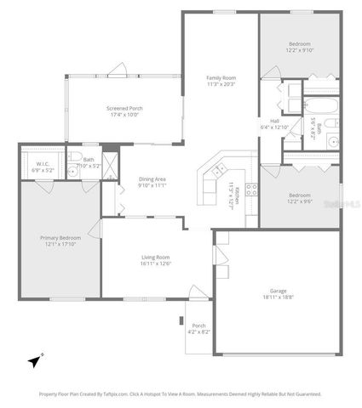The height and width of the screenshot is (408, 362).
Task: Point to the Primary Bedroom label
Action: (x=60, y=241)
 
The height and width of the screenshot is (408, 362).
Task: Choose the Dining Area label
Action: (x=152, y=181)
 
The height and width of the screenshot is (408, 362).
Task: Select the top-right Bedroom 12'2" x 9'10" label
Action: (x=299, y=47)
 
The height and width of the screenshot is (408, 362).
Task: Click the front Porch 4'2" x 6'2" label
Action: (x=198, y=328)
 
